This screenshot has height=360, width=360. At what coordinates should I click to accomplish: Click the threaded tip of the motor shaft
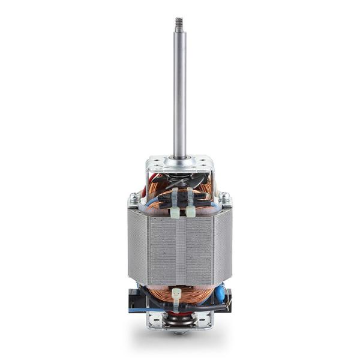tap(179, 24)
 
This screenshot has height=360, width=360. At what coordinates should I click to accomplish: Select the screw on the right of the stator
tap(224, 196)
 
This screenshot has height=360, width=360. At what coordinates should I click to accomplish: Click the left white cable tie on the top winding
tap(175, 204)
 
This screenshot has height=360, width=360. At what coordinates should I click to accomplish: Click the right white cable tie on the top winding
tap(190, 204)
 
